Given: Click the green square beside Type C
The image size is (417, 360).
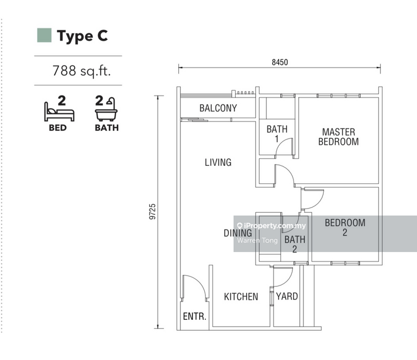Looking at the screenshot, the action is [x=44, y=35].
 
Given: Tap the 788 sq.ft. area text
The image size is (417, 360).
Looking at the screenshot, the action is [x=81, y=71].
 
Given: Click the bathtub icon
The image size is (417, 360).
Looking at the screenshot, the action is [x=106, y=109].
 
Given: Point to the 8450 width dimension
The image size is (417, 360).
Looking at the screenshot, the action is [x=280, y=62].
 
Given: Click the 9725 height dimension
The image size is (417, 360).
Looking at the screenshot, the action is [x=152, y=212].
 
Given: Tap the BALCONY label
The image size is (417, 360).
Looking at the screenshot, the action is [x=218, y=108].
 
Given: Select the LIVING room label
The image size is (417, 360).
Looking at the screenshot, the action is [x=218, y=162].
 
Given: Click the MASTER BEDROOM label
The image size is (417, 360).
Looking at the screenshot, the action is [x=338, y=137].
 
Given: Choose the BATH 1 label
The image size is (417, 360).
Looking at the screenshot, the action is [x=277, y=134].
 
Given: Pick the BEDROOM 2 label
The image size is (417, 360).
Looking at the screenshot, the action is [x=345, y=227].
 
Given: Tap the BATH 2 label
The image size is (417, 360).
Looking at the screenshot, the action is [x=295, y=244].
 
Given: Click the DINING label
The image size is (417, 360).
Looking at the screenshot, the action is [x=238, y=233].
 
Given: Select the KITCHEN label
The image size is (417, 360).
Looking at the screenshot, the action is [x=241, y=297].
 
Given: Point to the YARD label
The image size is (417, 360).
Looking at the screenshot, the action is [x=287, y=296].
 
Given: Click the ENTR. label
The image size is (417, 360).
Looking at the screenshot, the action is [x=194, y=316].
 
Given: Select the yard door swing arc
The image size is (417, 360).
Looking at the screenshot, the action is [x=289, y=280].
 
